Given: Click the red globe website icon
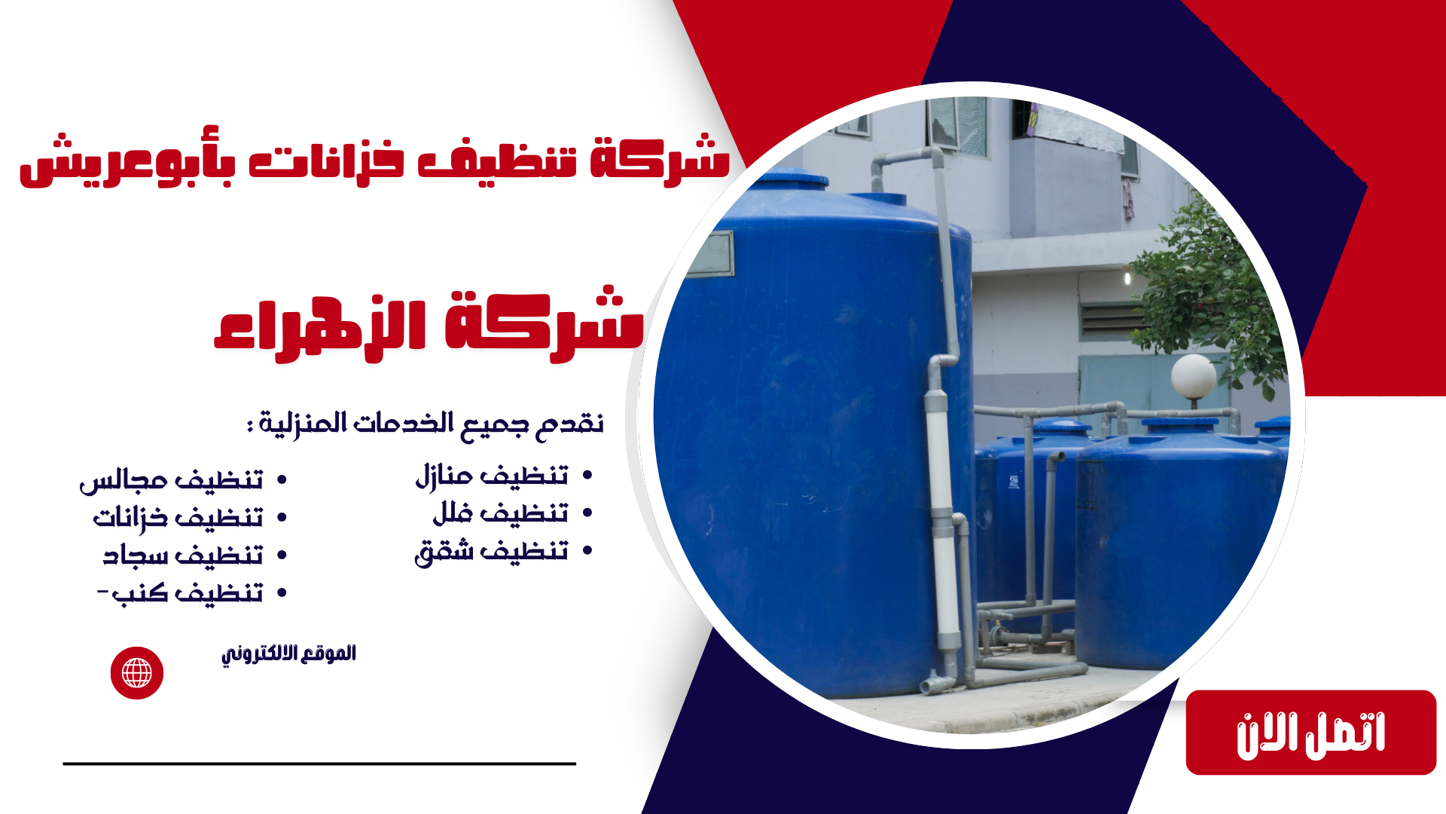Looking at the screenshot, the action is [x=137, y=673].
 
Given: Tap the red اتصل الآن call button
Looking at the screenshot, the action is [x=1310, y=733].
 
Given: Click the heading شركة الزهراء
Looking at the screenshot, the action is [x=429, y=325].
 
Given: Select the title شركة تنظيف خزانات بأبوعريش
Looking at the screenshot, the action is [x=374, y=160].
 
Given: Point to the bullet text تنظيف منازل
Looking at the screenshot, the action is [x=492, y=476].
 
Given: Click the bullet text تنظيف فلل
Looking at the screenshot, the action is [x=500, y=513].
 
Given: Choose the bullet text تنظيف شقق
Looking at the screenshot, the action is [x=491, y=552].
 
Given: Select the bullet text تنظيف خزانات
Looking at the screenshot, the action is [x=178, y=518].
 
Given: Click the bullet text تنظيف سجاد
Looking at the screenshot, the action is [x=183, y=555].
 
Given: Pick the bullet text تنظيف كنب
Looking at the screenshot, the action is [x=181, y=593].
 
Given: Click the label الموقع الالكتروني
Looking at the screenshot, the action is [x=288, y=653].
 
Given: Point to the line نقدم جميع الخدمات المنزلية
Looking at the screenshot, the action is [x=426, y=424].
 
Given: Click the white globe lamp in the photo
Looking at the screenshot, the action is [x=1193, y=376].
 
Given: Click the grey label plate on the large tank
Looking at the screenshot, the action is [x=710, y=254].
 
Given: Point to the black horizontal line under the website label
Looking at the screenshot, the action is [x=319, y=764].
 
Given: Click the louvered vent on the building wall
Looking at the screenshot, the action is [x=1111, y=321].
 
